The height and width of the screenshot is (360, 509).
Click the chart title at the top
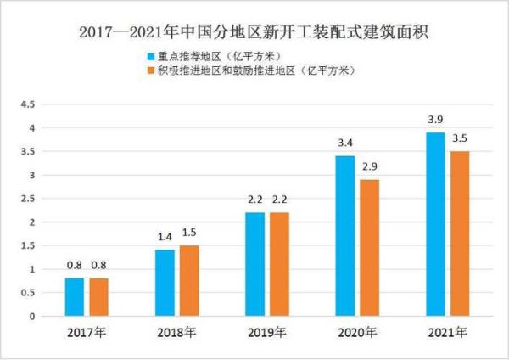click(x=255, y=33)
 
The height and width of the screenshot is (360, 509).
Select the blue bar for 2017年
click(x=75, y=297)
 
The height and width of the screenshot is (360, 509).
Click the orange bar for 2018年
click(x=189, y=281)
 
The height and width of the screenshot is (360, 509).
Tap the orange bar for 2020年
click(x=369, y=248)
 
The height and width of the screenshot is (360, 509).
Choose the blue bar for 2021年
click(x=435, y=224)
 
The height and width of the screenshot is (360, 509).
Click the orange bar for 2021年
click(x=459, y=233)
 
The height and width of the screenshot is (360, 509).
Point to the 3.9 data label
click(x=435, y=121)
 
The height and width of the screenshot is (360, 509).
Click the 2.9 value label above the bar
click(x=369, y=168)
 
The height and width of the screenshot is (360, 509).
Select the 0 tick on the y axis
click(x=31, y=317)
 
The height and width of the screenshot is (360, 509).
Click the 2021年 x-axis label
click(x=447, y=331)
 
